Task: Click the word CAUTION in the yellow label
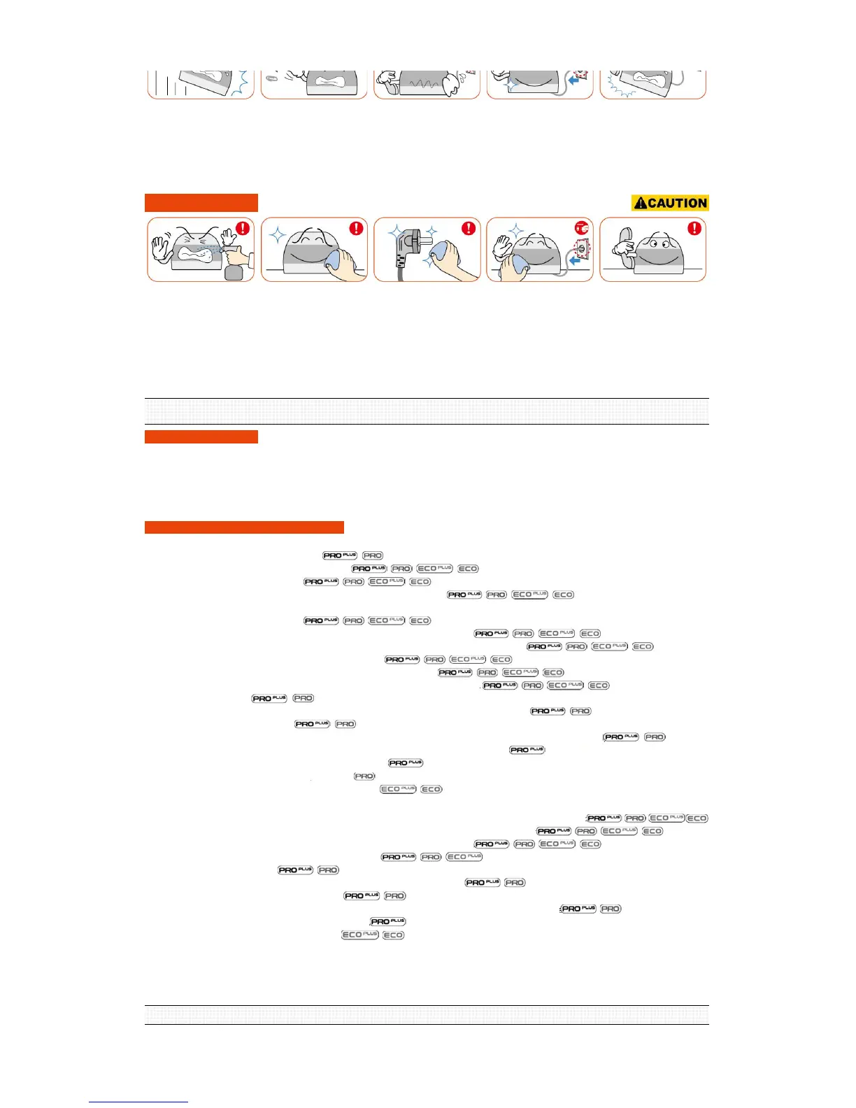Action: (x=677, y=204)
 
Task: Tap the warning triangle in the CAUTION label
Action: (x=640, y=204)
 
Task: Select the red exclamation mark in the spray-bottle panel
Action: (x=243, y=229)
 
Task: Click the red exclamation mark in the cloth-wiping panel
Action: (x=356, y=229)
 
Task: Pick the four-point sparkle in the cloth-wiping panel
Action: (x=278, y=234)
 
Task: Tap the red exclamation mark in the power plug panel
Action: (x=469, y=229)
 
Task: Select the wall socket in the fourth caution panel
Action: (x=579, y=249)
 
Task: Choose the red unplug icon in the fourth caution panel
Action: (x=582, y=228)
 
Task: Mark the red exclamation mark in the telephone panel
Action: (x=694, y=229)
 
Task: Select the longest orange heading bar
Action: (x=244, y=527)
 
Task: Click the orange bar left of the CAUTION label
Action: (x=201, y=203)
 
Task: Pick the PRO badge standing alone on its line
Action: (x=364, y=776)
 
